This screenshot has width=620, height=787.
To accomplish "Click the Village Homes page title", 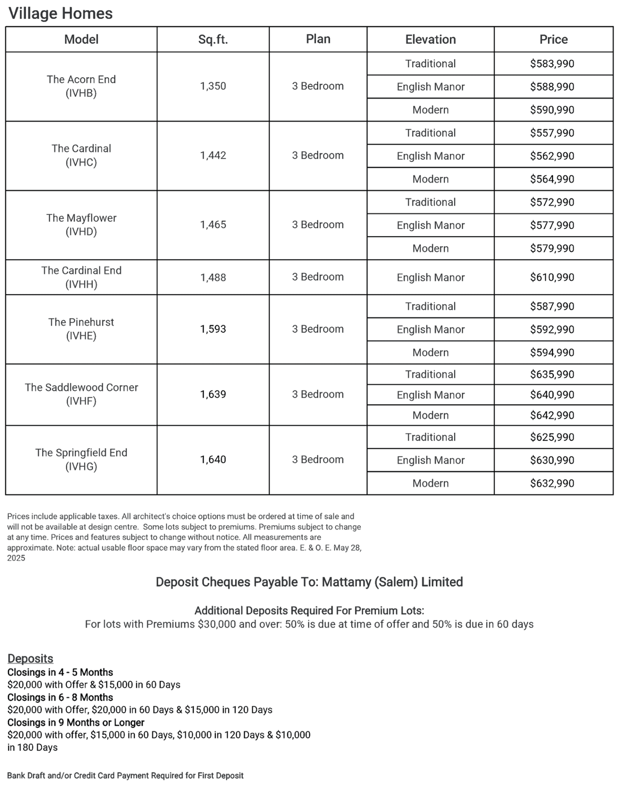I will coord(60,13).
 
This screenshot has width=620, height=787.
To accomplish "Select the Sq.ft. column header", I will coord(213,39).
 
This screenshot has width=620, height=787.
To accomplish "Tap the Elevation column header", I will coord(430,39).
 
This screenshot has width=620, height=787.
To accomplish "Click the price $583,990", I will coord(552,63).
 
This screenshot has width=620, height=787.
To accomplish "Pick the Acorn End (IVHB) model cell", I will coord(81,86).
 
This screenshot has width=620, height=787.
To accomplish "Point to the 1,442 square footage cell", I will coord(213,155).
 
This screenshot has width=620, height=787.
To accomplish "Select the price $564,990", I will coord(552,179).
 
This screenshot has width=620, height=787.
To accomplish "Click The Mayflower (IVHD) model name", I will coord(81,224).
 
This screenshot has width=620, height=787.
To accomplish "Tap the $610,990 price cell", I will coord(552,277).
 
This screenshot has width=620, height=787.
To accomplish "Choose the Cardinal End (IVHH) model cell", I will coord(81,277).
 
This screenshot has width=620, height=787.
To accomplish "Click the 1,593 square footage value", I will coord(213,329).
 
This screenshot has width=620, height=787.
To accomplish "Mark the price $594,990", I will coord(552,353).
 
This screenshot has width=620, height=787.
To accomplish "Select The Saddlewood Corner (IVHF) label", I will coord(81,394).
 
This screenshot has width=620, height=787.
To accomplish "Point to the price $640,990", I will coord(552,394).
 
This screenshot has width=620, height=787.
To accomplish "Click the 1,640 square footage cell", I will coord(213,459).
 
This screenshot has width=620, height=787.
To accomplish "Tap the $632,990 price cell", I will coord(552,483).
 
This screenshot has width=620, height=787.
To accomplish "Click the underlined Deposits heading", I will coord(30,659).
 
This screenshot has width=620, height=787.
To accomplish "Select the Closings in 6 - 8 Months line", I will coord(60,697).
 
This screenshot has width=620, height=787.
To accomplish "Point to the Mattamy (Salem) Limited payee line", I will coord(309,582).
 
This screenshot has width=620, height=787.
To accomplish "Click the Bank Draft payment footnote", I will coord(125,776).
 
